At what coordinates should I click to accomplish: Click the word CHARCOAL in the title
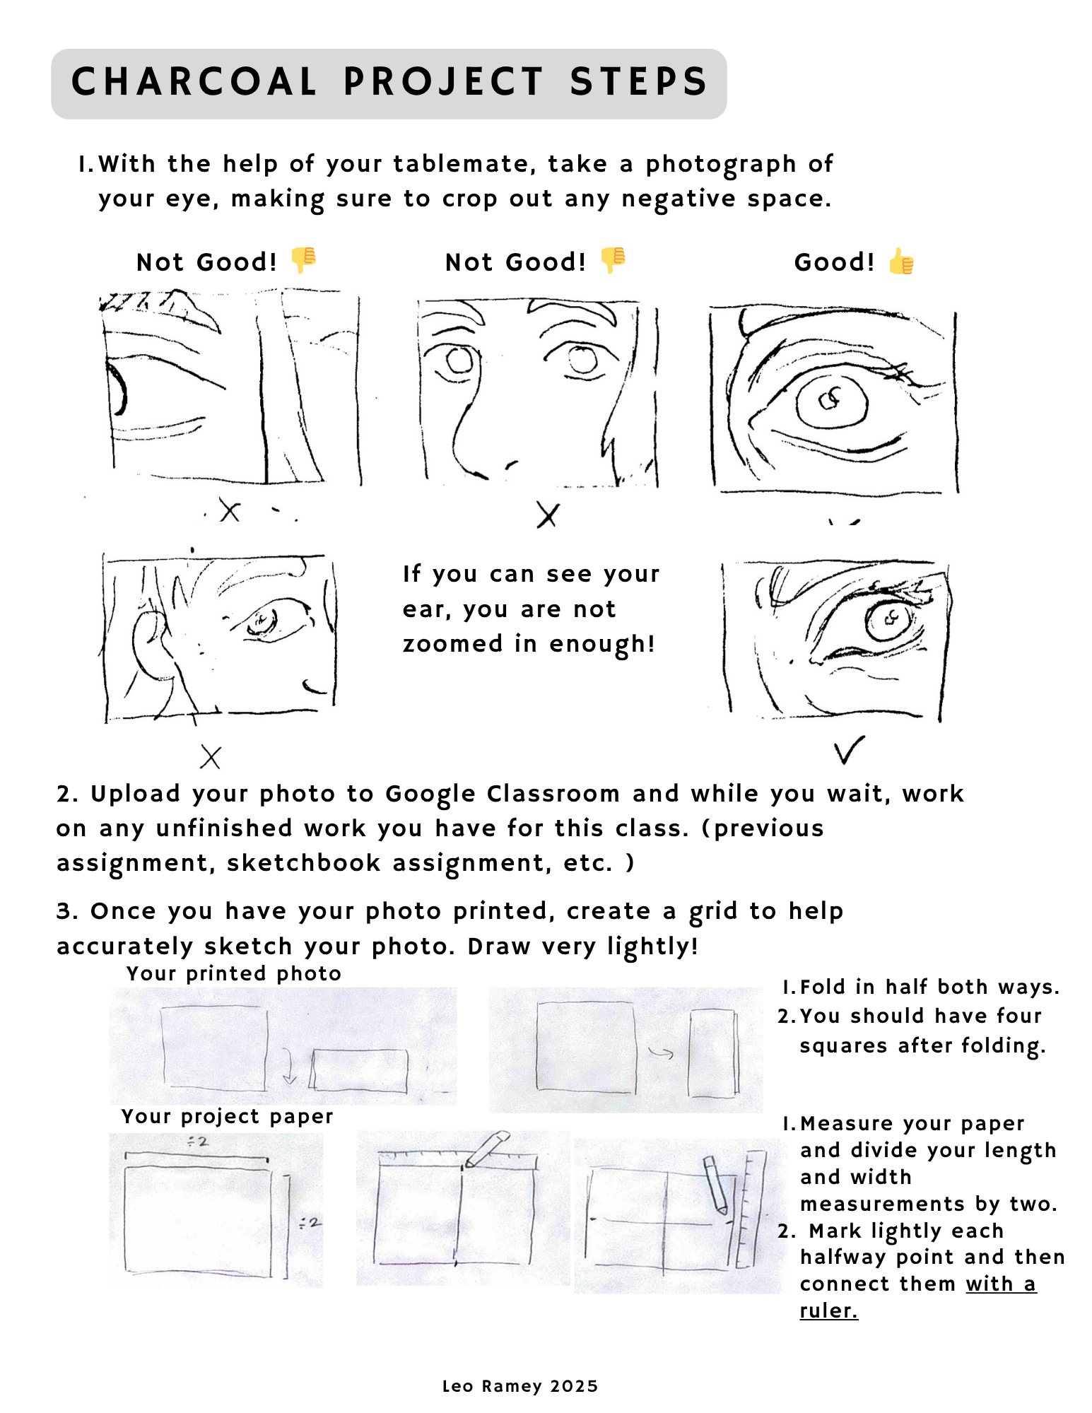pos(194,82)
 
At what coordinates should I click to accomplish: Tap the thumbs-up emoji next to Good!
pos(901,262)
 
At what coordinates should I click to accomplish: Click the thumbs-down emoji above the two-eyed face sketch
pos(613,260)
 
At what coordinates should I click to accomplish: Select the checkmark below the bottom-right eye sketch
pos(848,750)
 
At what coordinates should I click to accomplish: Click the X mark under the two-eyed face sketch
pos(548,515)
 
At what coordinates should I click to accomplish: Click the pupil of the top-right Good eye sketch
pos(830,400)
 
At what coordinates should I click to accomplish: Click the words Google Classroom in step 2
pos(503,794)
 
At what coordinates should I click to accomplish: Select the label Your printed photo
pos(233,974)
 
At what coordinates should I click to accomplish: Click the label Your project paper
pos(227,1117)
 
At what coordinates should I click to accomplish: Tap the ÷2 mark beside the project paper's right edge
pos(310,1222)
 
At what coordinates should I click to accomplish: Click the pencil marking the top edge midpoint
pos(488,1148)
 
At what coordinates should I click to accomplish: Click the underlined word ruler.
pos(828,1311)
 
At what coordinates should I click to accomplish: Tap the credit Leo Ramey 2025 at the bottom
pos(519,1386)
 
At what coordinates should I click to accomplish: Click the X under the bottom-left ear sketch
pos(211,757)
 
